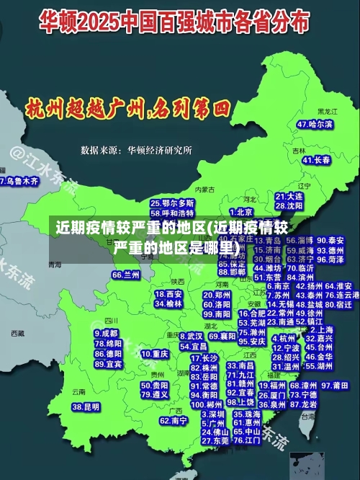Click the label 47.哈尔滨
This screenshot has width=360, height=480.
315,124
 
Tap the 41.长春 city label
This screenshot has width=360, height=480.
316,160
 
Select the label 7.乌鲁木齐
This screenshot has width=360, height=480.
19,182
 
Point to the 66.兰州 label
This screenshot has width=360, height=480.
126,275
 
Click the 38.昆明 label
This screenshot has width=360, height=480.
86,407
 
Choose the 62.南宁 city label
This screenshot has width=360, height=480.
174,420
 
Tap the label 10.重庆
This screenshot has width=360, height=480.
155,355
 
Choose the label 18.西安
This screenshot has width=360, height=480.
168,294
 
